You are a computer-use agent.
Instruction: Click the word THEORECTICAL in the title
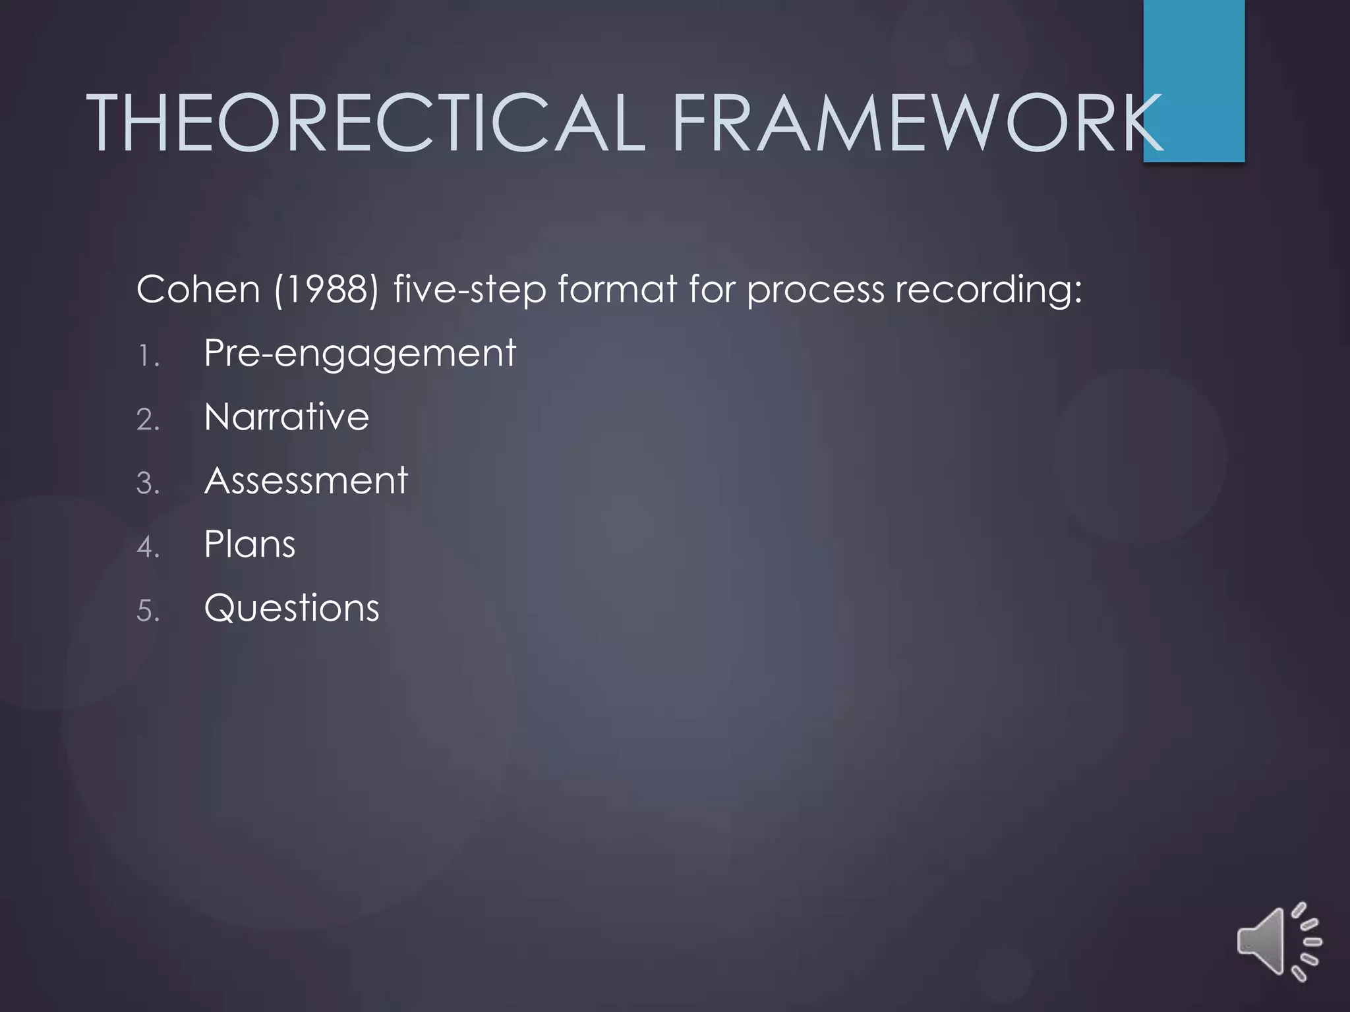pos(366,123)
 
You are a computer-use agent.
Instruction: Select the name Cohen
pos(198,289)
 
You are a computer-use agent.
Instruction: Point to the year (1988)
pos(326,290)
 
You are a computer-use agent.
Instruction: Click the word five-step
pos(469,290)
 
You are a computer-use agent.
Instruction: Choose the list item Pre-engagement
pos(360,354)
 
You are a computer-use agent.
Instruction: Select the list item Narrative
pos(287,417)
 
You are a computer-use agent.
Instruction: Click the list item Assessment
pos(306,480)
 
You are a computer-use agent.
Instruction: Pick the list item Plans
pos(250,545)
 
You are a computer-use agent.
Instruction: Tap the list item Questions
pos(292,608)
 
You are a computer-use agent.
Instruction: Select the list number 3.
pos(148,484)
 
